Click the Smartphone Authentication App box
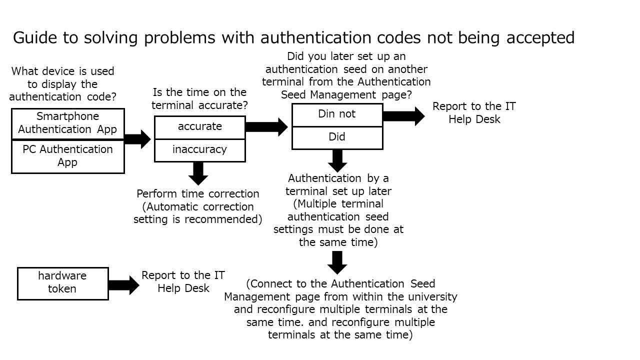[x=67, y=123]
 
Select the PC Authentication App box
[x=67, y=156]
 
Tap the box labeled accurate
[x=199, y=127]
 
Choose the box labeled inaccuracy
[x=199, y=150]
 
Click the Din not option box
[x=337, y=114]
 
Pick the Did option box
[x=337, y=137]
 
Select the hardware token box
[x=62, y=283]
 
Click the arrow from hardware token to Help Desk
[x=123, y=285]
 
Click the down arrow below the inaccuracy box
[x=198, y=173]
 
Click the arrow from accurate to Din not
[x=266, y=127]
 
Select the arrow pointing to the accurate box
[x=137, y=139]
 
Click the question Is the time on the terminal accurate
[x=199, y=98]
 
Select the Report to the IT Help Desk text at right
[x=474, y=112]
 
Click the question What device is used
[x=62, y=84]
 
